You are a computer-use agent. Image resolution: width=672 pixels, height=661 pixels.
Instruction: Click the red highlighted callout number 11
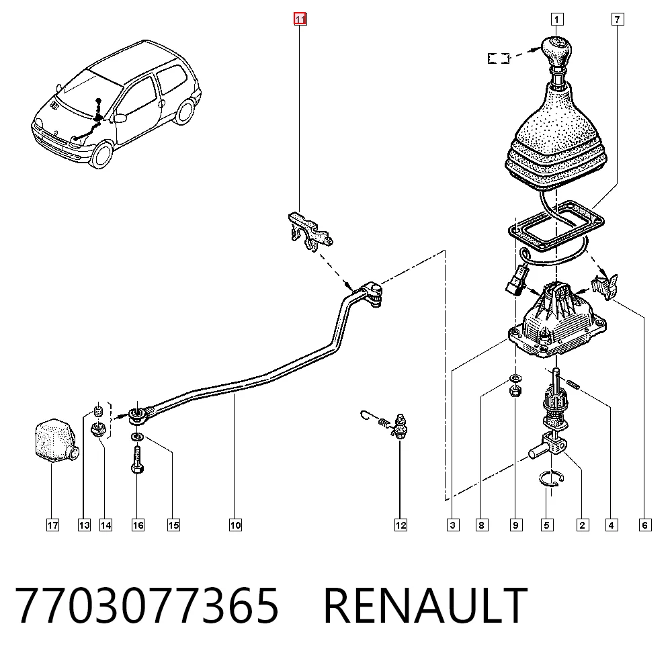pos(300,19)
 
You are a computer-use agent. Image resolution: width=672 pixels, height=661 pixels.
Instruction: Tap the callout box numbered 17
pos(52,525)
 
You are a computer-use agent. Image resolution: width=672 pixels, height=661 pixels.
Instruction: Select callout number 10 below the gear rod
pos(235,525)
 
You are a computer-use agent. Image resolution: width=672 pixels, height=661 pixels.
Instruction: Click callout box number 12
pos(401,525)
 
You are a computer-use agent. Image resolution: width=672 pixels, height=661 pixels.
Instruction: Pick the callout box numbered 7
pos(617,19)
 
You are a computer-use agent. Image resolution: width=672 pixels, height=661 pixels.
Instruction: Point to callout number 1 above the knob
pos(556,19)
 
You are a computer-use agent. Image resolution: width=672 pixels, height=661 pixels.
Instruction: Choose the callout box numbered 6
pos(645,525)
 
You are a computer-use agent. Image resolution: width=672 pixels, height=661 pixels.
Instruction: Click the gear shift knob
pos(556,52)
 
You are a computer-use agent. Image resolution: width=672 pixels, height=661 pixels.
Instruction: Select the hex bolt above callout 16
pos(137,459)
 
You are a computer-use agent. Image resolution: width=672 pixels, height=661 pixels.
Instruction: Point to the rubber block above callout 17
pos(55,441)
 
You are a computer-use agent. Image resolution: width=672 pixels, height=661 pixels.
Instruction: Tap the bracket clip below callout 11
pos(309,231)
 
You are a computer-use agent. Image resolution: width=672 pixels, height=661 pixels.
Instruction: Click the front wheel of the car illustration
pos(102,155)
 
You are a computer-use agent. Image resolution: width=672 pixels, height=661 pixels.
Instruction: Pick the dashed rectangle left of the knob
pos(499,58)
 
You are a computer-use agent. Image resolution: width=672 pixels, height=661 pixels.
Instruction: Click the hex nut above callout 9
pos(515,391)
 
